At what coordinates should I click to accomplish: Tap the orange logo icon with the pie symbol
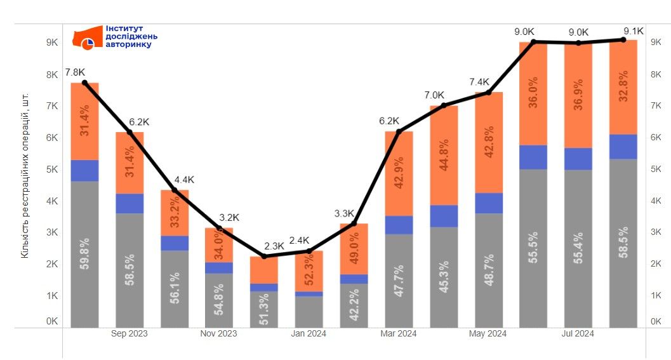tap(88, 38)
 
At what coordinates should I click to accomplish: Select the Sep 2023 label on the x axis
tap(130, 333)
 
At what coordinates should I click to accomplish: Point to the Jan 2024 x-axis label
tap(309, 333)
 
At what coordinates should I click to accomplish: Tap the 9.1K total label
tap(634, 30)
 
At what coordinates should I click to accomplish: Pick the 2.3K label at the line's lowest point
tap(274, 245)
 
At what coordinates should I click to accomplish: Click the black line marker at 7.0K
tap(444, 105)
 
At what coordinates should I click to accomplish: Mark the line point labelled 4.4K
tap(175, 190)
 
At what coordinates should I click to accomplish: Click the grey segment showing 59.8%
tap(84, 254)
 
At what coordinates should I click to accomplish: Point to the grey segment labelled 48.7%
tap(489, 270)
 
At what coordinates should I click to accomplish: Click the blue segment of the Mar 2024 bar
tap(399, 225)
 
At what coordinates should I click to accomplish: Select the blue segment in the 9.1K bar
tap(623, 147)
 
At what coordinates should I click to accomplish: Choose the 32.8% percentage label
tap(623, 86)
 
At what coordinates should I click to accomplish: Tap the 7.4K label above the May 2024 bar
tap(480, 82)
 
